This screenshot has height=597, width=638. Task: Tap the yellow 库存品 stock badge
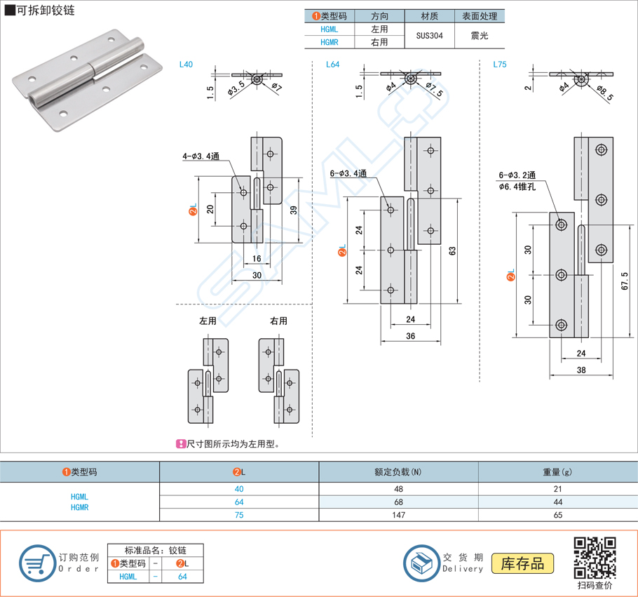pyautogui.click(x=522, y=563)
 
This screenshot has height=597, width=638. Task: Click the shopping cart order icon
pyautogui.click(x=36, y=563)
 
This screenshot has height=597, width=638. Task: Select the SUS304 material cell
pyautogui.click(x=430, y=36)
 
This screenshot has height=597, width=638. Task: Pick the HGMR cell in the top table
pyautogui.click(x=329, y=42)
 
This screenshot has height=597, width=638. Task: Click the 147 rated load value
pyautogui.click(x=398, y=515)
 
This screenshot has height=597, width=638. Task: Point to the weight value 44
pyautogui.click(x=557, y=502)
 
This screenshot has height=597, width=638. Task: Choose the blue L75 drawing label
pyautogui.click(x=499, y=65)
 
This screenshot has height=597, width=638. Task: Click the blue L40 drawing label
pyautogui.click(x=186, y=65)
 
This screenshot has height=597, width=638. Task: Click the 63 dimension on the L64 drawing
pyautogui.click(x=453, y=250)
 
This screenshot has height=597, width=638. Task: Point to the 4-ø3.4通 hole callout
pyautogui.click(x=201, y=157)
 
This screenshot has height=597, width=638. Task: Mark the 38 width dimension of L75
pyautogui.click(x=581, y=370)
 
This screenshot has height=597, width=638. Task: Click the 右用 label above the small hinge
pyautogui.click(x=278, y=321)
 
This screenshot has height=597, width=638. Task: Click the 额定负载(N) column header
pyautogui.click(x=398, y=472)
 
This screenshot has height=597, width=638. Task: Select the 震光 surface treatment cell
pyautogui.click(x=480, y=36)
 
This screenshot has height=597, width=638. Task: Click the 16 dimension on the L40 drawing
pyautogui.click(x=257, y=258)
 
